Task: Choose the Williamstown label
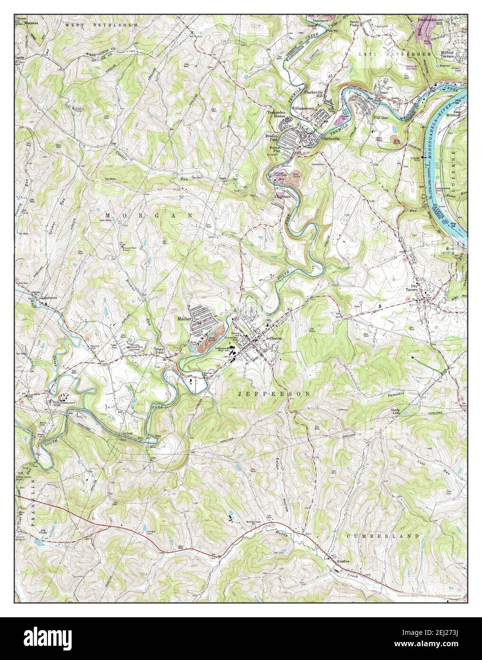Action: (305, 108)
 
